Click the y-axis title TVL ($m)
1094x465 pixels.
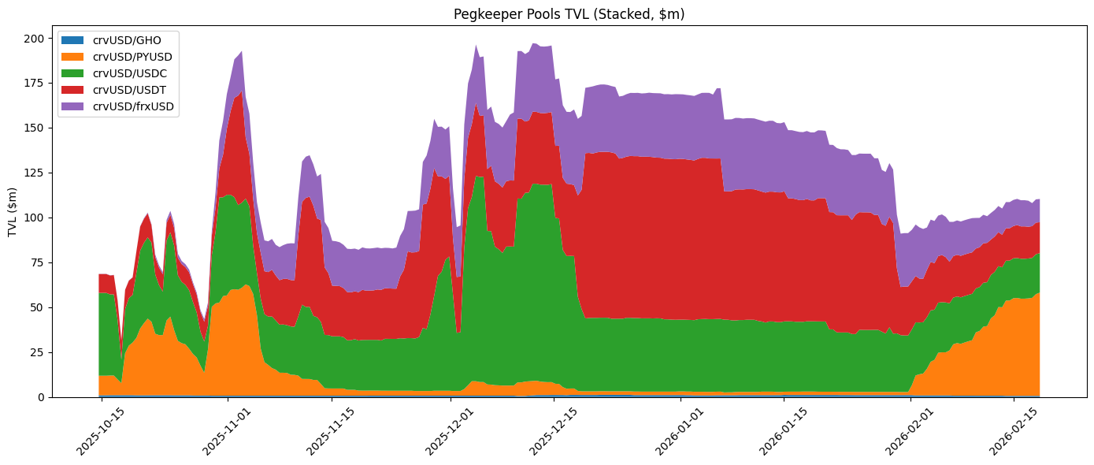12,213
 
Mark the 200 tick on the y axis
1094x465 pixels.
35,39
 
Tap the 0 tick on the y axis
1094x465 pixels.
41,397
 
